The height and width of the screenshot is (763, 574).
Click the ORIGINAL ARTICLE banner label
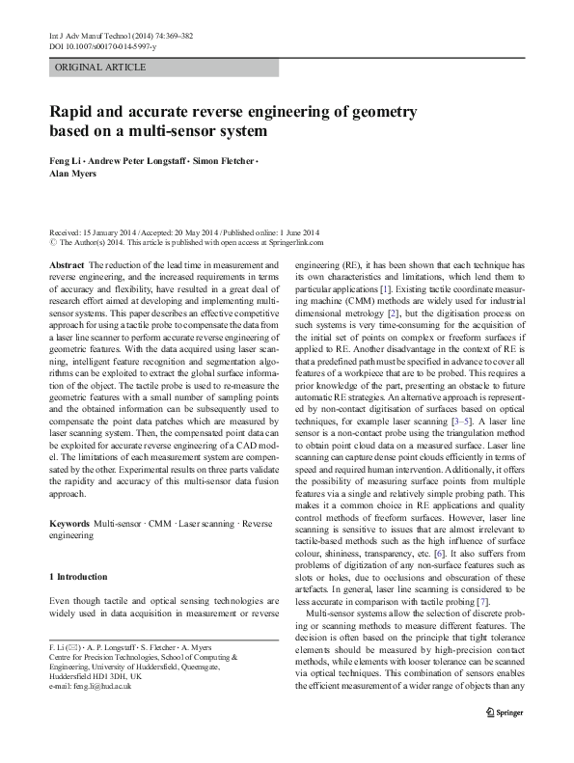click(x=101, y=67)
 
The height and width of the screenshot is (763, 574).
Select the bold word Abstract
click(x=65, y=264)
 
